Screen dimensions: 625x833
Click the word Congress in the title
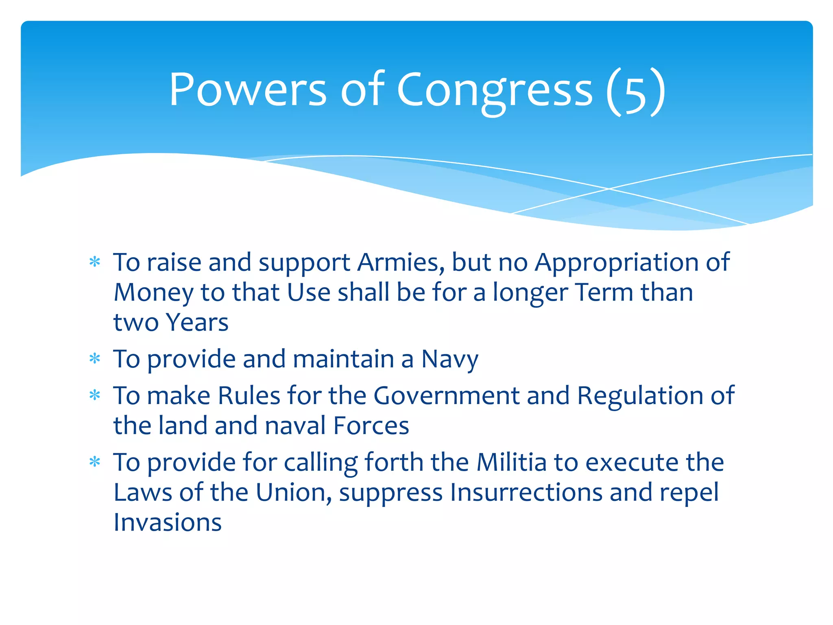point(494,90)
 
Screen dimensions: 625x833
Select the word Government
point(446,396)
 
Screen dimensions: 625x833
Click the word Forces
point(371,426)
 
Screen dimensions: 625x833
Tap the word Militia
point(511,463)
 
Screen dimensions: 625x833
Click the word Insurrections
point(526,493)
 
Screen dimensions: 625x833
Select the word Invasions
point(168,523)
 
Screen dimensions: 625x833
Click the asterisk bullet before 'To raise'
point(95,262)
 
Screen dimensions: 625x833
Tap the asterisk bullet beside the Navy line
point(95,359)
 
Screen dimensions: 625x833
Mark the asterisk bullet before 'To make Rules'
point(95,396)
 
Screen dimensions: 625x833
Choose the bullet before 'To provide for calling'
point(95,463)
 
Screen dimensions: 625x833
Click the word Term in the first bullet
point(604,293)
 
